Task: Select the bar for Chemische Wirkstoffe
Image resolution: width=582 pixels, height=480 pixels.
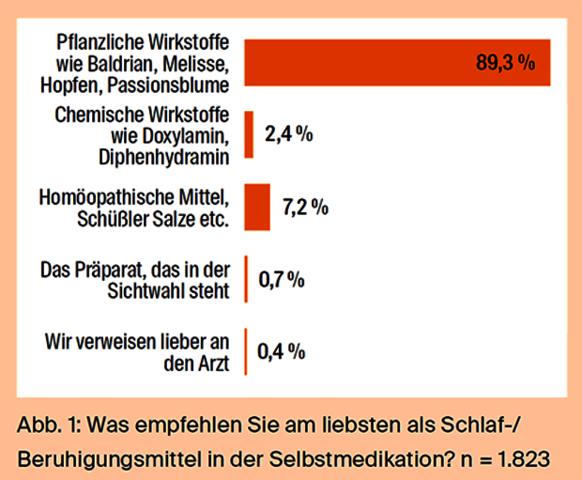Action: pyautogui.click(x=250, y=134)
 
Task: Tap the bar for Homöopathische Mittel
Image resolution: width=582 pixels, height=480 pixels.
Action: pyautogui.click(x=257, y=207)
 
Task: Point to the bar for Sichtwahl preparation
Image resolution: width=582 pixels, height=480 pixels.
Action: pyautogui.click(x=246, y=278)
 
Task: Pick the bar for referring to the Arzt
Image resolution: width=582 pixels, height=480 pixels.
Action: pyautogui.click(x=245, y=350)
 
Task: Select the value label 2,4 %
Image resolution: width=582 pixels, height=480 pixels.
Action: pyautogui.click(x=288, y=134)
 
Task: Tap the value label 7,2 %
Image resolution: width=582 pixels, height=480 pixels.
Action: pyautogui.click(x=305, y=207)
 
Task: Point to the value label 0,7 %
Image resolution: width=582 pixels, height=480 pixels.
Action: pyautogui.click(x=282, y=279)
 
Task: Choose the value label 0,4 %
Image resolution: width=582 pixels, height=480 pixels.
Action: pyautogui.click(x=282, y=351)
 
